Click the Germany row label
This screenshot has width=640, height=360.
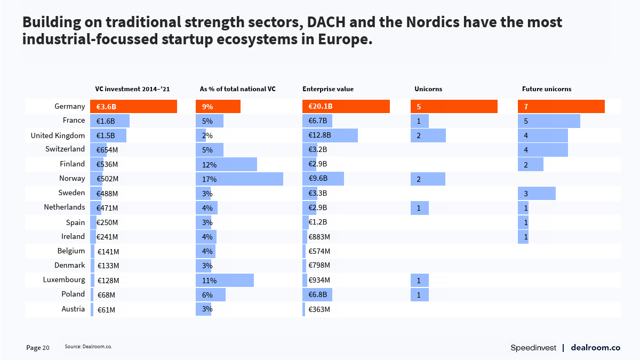pyautogui.click(x=69, y=107)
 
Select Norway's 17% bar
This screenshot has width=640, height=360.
pyautogui.click(x=239, y=179)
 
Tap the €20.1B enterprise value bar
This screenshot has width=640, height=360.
pyautogui.click(x=346, y=107)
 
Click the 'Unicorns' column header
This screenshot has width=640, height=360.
pyautogui.click(x=428, y=89)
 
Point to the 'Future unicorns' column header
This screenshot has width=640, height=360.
pyautogui.click(x=547, y=89)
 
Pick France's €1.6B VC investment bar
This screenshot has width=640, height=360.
pyautogui.click(x=110, y=121)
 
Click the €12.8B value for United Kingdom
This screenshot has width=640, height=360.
pyautogui.click(x=320, y=135)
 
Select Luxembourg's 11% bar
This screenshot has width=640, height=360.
pyautogui.click(x=225, y=280)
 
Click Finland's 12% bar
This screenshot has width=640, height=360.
pyautogui.click(x=226, y=164)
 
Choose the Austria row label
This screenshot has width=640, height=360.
pyautogui.click(x=73, y=309)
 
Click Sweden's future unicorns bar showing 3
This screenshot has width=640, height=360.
pyautogui.click(x=537, y=193)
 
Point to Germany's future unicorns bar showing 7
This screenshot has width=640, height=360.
pyautogui.click(x=561, y=107)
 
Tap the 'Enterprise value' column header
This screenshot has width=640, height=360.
pyautogui.click(x=328, y=89)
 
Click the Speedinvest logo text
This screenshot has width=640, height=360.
pyautogui.click(x=533, y=348)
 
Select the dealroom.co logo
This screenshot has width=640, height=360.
pyautogui.click(x=595, y=348)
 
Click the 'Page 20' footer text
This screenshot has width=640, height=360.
pyautogui.click(x=38, y=348)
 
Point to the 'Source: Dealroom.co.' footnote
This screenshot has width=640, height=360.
pyautogui.click(x=89, y=347)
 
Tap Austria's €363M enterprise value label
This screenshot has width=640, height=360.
pyautogui.click(x=319, y=309)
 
